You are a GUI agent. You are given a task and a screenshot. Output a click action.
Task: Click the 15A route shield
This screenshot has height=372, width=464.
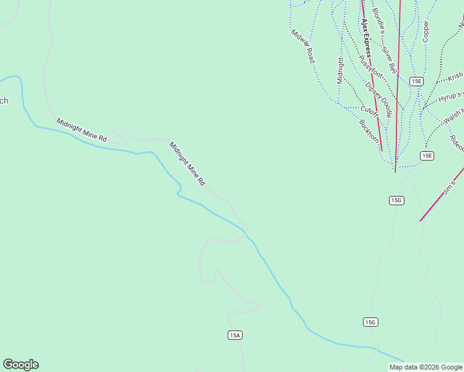[x=234, y=335]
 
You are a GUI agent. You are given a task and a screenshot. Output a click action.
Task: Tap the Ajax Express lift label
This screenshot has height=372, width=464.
[x=366, y=37]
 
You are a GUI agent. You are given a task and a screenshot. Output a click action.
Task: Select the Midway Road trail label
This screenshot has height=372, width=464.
[x=303, y=46]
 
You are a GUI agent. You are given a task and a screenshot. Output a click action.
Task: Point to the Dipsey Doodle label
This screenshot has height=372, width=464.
[x=378, y=100]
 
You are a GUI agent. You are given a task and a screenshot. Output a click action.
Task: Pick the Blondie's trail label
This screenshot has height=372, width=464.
[x=378, y=20]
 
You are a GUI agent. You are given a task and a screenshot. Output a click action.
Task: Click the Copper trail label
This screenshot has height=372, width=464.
[x=426, y=32]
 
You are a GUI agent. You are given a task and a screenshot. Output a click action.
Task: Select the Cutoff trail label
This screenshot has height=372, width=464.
[x=369, y=112]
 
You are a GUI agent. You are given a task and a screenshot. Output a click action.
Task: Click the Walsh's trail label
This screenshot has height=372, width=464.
[x=455, y=114]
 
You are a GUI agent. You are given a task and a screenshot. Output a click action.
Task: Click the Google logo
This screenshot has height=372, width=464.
[x=20, y=365]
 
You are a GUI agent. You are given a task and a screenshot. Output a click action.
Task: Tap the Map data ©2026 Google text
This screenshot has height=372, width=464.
[x=426, y=367]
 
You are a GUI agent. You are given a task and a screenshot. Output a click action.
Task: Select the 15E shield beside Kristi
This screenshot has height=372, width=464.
[x=416, y=81]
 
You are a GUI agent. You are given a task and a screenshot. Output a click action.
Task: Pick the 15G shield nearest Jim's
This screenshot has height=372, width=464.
[x=397, y=200]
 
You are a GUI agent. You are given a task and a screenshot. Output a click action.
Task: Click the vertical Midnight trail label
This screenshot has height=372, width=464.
[x=340, y=70]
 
